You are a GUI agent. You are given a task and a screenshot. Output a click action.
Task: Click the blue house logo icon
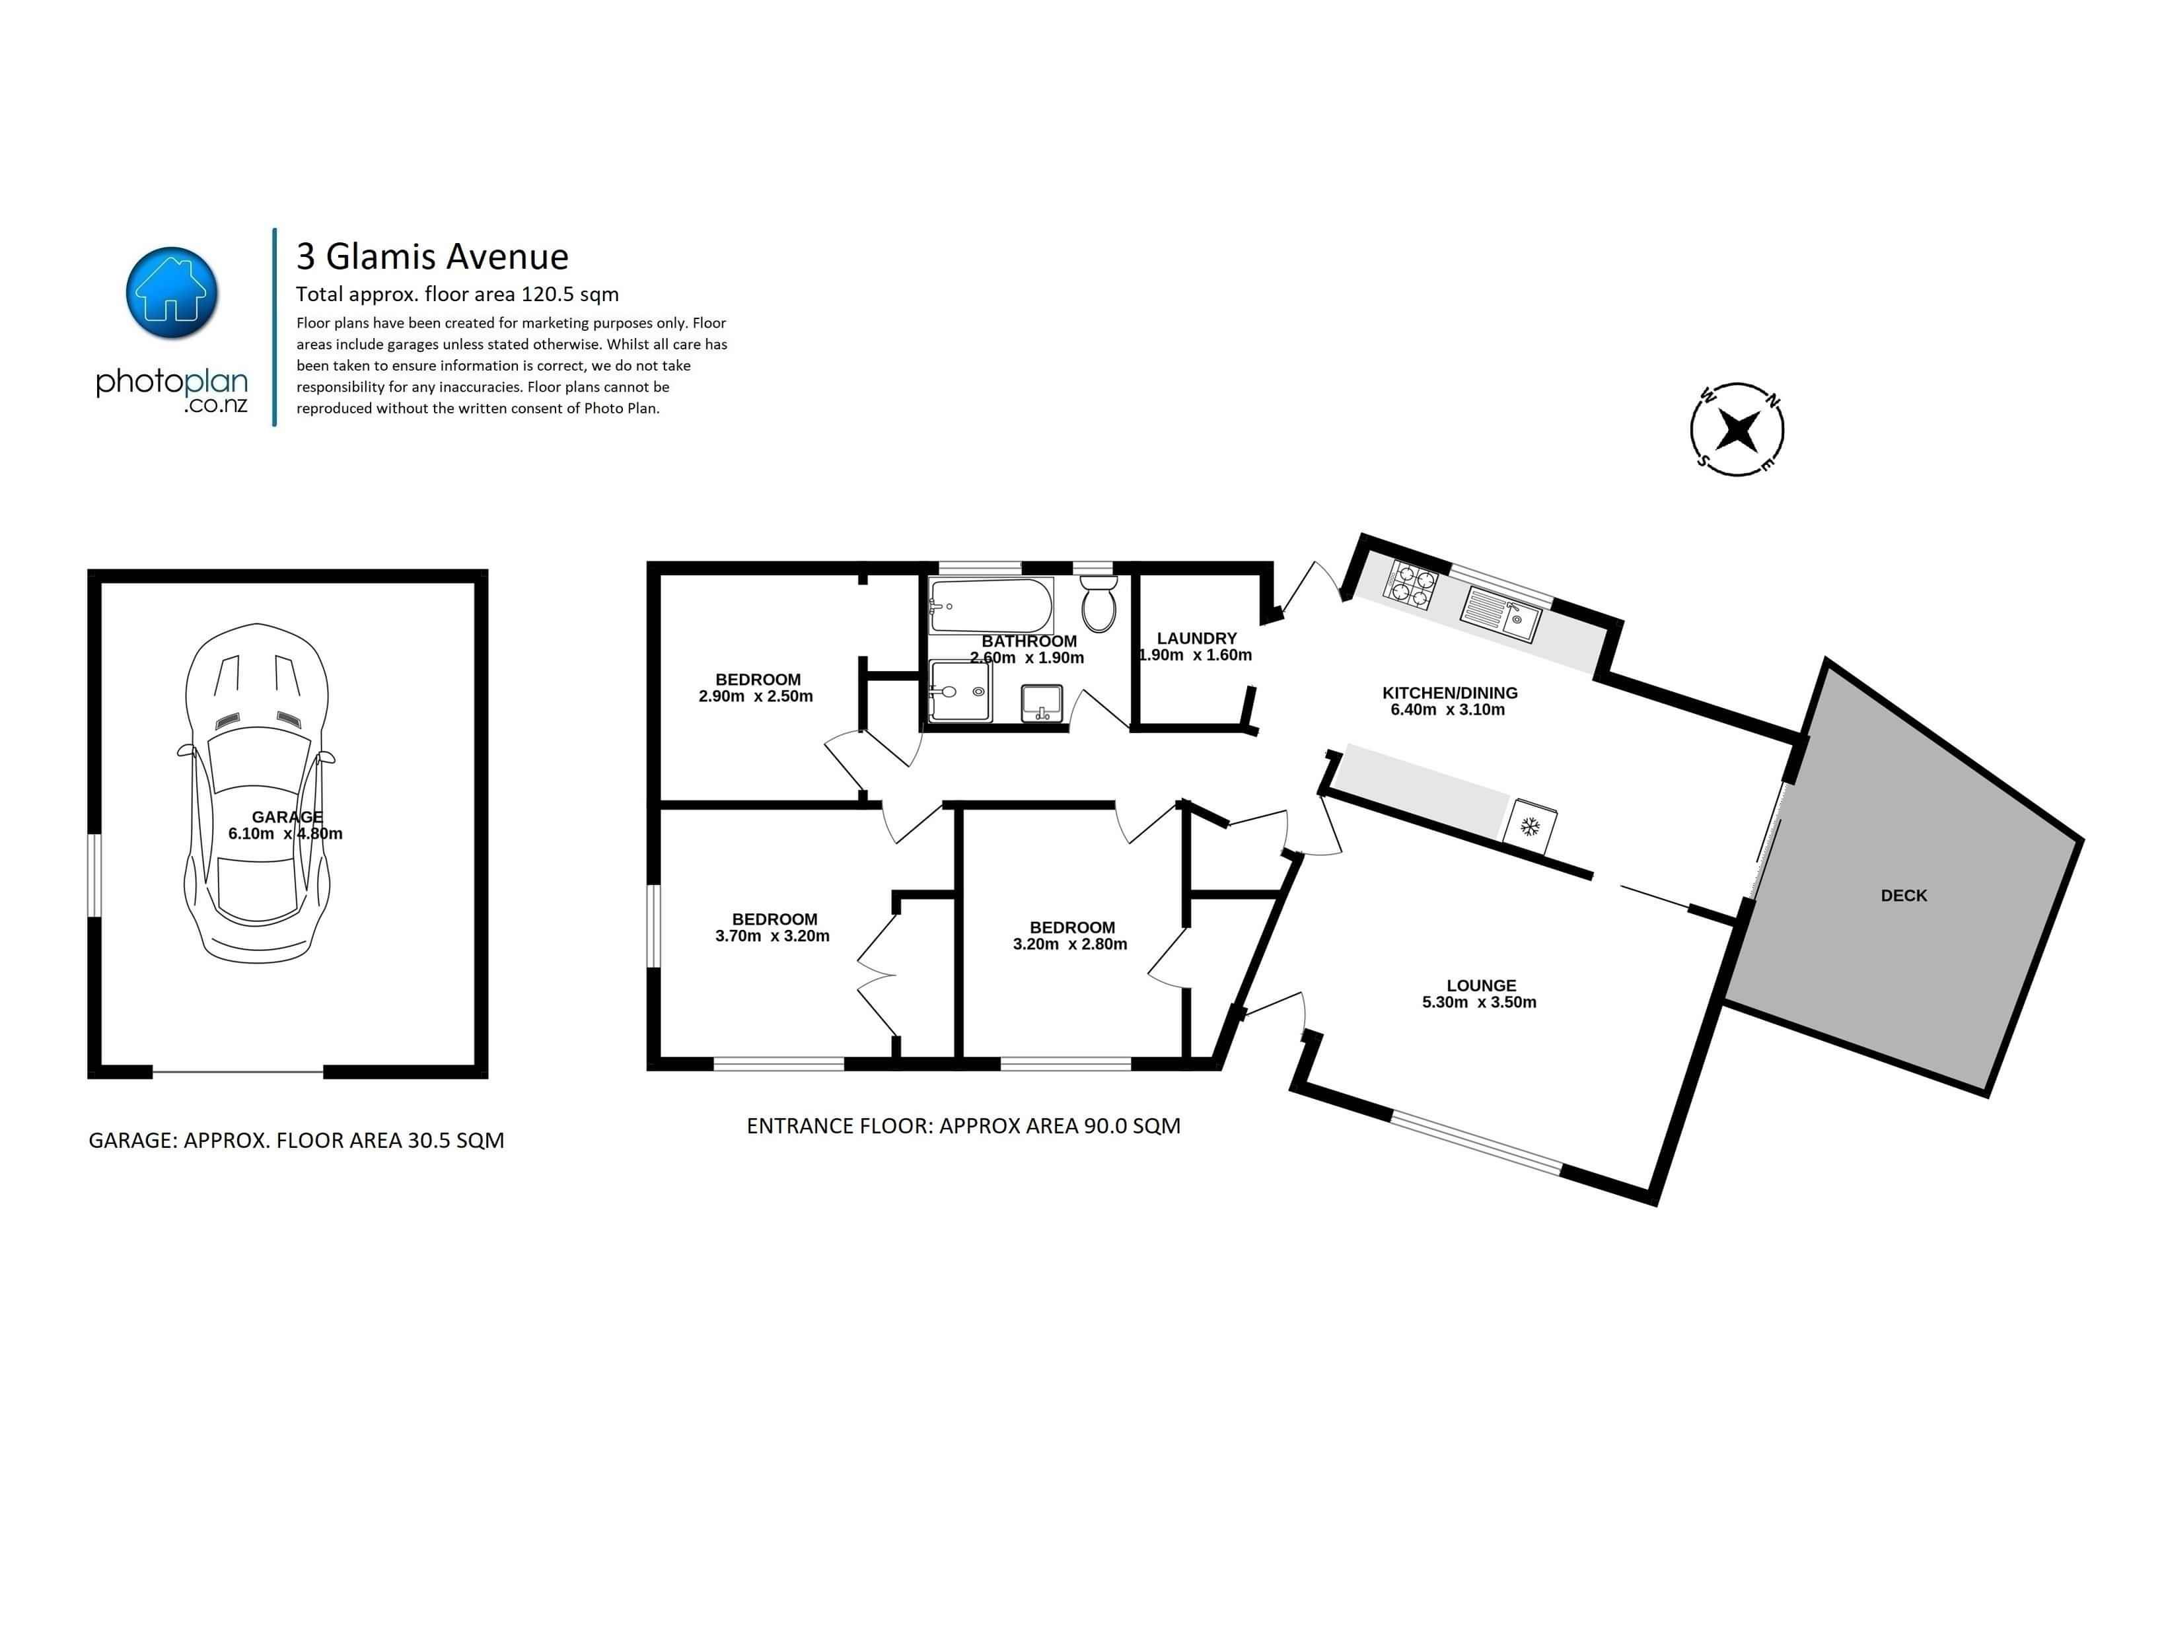tap(172, 293)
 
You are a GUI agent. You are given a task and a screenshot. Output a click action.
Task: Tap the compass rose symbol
tap(1737, 429)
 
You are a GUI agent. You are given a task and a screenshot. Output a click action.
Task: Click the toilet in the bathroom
tap(1099, 602)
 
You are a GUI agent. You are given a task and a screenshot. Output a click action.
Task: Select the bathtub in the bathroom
tap(990, 606)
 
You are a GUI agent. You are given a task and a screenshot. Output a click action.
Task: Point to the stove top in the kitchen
tap(1410, 584)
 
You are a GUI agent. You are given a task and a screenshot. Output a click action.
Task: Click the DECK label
tap(1904, 895)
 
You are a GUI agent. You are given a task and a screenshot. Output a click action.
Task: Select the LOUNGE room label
tap(1481, 985)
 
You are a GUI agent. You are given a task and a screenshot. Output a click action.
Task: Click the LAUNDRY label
tap(1196, 638)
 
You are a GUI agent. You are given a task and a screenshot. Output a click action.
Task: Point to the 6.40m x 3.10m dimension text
tap(1448, 709)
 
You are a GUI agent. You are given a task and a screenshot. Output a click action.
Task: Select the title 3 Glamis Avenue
tap(433, 256)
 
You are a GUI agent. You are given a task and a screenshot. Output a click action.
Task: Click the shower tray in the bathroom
tap(960, 691)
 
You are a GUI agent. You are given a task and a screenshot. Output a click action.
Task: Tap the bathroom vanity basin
tap(1042, 703)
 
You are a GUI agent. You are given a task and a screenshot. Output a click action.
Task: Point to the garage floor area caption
tap(297, 1140)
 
